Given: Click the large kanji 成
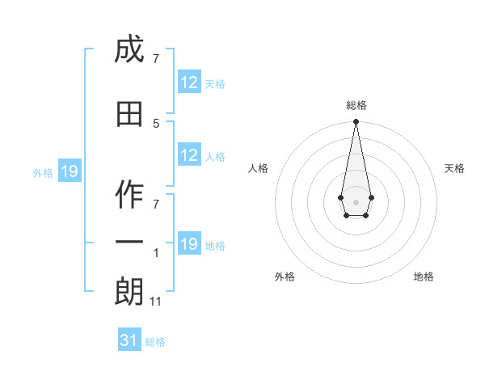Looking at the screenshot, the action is click(129, 49).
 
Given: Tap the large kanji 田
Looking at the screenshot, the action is click(129, 114).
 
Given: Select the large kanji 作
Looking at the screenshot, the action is click(129, 194).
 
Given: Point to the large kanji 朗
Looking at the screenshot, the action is click(129, 291).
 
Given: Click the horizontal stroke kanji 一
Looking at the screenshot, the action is click(129, 242).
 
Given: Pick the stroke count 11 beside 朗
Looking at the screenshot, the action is click(155, 302).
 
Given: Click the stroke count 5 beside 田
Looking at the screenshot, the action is click(156, 124).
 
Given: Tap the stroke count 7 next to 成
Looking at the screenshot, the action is click(156, 58).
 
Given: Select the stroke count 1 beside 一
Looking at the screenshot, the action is click(156, 253).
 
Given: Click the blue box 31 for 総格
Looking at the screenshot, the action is click(129, 339).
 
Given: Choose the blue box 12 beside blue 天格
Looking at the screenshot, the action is click(190, 82).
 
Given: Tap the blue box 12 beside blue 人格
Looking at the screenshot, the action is click(190, 154).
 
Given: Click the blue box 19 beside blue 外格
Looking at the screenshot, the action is click(70, 171).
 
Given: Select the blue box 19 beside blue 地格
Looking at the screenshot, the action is click(190, 243).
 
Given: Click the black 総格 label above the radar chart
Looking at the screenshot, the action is click(356, 105).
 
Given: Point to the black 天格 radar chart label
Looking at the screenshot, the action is click(454, 168).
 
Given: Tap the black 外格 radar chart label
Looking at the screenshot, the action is click(285, 277).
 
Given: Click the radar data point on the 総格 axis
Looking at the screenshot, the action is click(356, 121).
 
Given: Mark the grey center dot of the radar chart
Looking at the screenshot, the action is click(356, 202).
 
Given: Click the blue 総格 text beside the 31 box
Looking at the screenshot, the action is click(155, 342).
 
